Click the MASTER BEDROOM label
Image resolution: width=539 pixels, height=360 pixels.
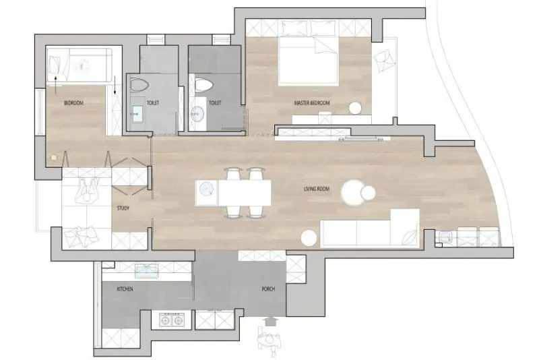pos(312,102)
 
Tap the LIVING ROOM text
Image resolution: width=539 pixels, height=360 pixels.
pos(317,189)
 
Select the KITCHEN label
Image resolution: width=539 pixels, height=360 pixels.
pos(125,289)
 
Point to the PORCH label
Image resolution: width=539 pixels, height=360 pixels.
pos(268,289)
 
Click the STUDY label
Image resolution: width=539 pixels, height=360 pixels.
pos(123,208)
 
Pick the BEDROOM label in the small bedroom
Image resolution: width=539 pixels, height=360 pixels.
pos(73,102)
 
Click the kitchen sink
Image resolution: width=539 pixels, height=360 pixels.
pos(147,271)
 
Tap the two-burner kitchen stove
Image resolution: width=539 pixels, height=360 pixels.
pos(172,320)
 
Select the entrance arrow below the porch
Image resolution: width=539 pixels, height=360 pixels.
pos(271,321)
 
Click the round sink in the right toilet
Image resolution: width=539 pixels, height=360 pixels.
pos(197,113)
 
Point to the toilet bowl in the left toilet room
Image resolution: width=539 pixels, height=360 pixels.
pos(139,85)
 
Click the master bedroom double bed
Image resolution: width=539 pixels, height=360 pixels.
pos(308,61)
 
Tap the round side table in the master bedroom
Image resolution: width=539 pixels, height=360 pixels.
pos(356,108)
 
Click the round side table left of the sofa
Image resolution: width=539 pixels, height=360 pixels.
pos(309,238)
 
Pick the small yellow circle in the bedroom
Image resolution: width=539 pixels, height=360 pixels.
pos(53,158)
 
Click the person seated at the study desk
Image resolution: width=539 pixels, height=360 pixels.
pos(87,191)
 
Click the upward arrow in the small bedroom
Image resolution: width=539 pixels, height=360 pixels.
pos(56,85)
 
